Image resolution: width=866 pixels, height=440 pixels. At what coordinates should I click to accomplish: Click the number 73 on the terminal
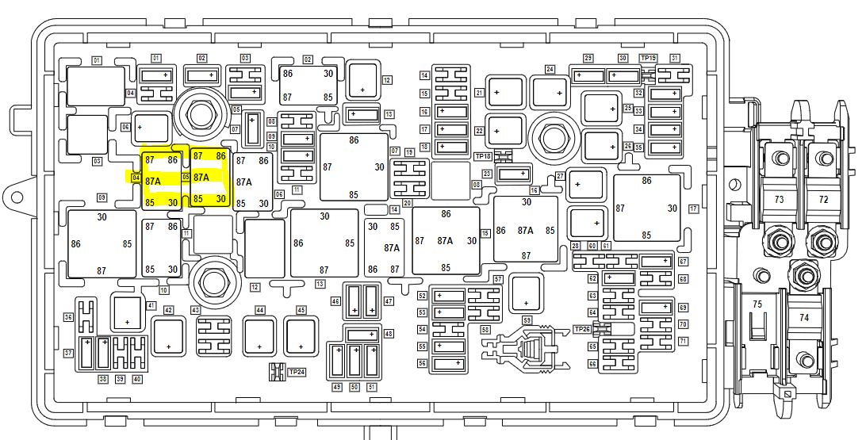coord(779,200)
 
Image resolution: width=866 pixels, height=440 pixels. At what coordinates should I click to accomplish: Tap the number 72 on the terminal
coord(823,200)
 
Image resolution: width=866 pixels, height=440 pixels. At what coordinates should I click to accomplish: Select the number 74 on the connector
coord(804,317)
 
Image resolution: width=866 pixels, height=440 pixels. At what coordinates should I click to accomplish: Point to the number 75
coord(757,304)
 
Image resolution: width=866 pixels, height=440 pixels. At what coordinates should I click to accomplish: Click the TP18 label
coord(483,156)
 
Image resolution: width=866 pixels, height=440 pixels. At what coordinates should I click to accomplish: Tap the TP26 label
coord(582,329)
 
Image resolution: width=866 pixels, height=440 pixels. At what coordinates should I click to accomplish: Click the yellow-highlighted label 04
coord(136,178)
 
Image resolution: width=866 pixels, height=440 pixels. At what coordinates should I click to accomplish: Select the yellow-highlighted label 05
coord(186,177)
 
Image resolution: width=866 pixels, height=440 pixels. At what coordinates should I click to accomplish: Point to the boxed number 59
coord(527,320)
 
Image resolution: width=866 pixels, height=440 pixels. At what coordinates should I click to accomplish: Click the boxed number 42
coord(169,310)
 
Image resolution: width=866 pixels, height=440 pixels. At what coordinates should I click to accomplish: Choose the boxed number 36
coord(68,317)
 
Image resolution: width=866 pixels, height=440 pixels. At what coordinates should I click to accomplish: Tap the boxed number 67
coord(683,262)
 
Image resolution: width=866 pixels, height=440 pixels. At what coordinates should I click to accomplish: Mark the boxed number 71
coord(683,341)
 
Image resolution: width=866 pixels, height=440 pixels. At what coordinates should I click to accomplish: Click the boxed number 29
coord(588,58)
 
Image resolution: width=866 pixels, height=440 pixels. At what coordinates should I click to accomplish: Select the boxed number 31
coord(675,58)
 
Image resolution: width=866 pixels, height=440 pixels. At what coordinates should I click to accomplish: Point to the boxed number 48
coord(389,334)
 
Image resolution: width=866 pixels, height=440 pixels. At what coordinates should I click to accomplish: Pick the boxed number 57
coord(498,280)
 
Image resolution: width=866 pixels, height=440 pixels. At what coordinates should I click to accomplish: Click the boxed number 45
coord(301,310)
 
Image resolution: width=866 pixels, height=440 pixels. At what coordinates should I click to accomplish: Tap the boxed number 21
coord(479,93)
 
